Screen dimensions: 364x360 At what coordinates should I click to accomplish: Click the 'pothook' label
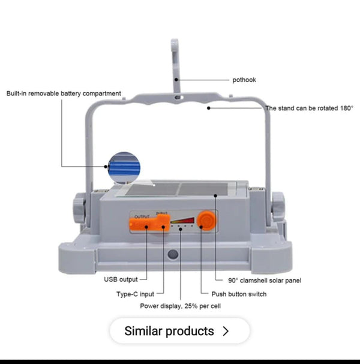244,80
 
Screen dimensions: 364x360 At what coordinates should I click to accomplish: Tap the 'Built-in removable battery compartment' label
64,94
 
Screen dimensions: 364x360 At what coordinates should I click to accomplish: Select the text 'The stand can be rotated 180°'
309,109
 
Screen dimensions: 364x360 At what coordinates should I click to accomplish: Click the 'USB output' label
121,279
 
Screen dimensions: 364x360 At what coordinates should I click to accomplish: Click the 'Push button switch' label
239,294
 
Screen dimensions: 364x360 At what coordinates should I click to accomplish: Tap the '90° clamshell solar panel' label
264,280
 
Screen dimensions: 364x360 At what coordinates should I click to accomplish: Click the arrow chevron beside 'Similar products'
226,331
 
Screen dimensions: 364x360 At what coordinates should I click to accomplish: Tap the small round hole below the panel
172,254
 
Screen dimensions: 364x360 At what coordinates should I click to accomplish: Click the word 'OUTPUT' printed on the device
142,215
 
